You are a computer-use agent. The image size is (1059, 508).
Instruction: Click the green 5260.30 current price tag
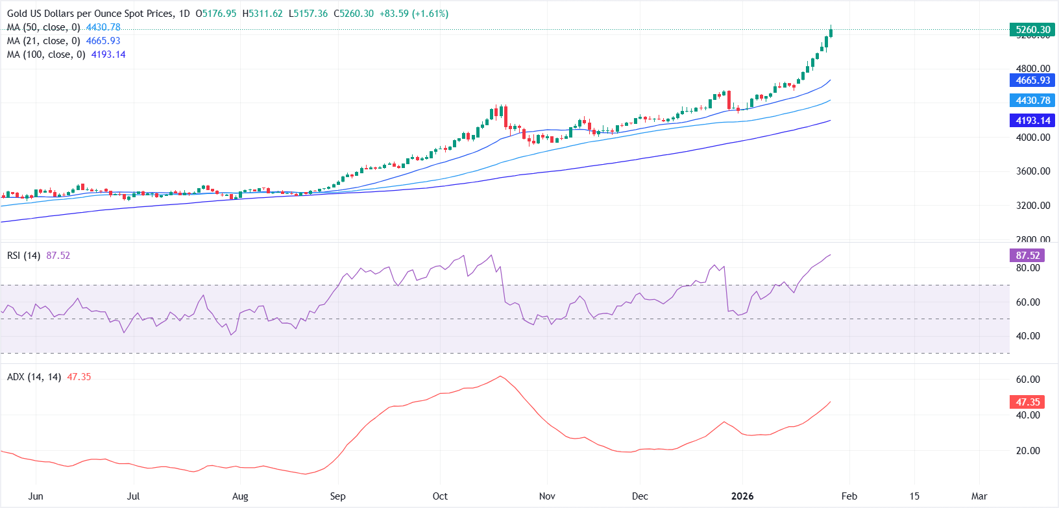click(x=1032, y=30)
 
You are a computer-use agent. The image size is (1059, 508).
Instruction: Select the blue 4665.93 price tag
click(x=1032, y=80)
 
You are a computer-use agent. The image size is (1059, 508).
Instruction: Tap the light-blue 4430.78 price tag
click(x=1032, y=101)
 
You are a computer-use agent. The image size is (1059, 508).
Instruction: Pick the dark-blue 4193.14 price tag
click(x=1032, y=121)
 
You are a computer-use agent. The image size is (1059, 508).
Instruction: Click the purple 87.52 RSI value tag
click(x=1028, y=256)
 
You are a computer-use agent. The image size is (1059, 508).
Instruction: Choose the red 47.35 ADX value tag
click(x=1028, y=402)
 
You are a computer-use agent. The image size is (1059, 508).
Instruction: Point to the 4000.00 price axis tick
click(x=1033, y=138)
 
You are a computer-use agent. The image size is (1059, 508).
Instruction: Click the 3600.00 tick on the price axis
click(x=1033, y=171)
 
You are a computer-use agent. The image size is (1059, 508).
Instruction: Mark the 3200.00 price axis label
click(x=1033, y=206)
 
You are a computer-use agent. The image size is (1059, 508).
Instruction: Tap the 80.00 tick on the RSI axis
click(x=1028, y=268)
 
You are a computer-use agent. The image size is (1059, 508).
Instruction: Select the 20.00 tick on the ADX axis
click(x=1028, y=451)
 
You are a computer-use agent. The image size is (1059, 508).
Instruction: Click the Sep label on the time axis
click(x=337, y=496)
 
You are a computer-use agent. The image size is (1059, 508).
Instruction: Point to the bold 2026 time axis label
click(x=742, y=496)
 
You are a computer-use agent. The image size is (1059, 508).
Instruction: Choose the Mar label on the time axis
click(x=979, y=496)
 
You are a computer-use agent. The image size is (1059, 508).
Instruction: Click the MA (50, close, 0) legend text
click(x=43, y=27)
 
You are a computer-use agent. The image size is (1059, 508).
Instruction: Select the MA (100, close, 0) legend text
click(x=46, y=54)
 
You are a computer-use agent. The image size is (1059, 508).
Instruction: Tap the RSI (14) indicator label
click(x=23, y=256)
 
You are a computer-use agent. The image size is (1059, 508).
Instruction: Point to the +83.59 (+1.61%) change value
click(x=414, y=14)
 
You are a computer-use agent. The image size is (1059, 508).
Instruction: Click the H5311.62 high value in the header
click(x=266, y=14)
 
